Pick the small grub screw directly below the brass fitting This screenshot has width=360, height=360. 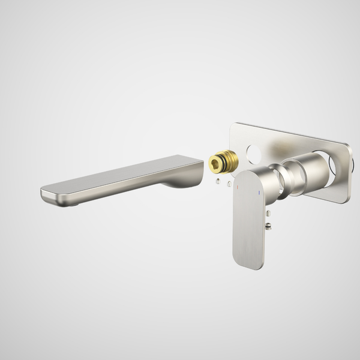(x=219, y=181)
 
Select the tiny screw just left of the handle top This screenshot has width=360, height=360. (x=229, y=184)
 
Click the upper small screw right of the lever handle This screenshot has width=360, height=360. (x=268, y=214)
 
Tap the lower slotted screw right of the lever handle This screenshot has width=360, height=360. (x=268, y=226)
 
